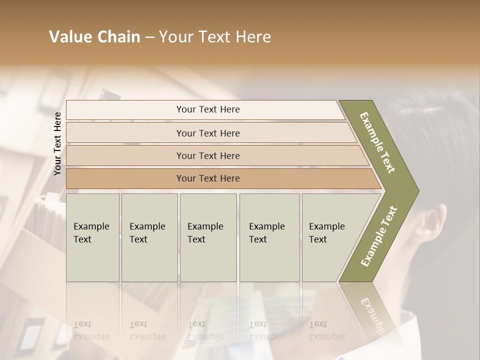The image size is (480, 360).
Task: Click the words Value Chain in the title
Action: click(x=94, y=37)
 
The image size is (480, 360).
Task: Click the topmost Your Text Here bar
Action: click(x=208, y=109)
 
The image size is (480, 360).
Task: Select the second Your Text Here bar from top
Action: click(x=208, y=133)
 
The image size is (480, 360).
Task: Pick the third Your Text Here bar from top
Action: click(x=208, y=155)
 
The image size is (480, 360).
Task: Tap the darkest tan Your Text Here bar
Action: click(x=208, y=178)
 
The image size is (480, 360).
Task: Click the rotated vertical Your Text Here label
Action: click(x=58, y=143)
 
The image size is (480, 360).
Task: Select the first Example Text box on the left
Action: click(x=92, y=237)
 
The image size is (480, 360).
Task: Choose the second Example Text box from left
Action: click(x=149, y=237)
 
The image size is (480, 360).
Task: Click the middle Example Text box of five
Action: click(x=208, y=237)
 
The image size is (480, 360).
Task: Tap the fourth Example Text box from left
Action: click(x=269, y=237)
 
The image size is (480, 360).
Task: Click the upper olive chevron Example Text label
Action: click(x=378, y=142)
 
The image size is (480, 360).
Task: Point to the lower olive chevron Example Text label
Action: click(x=379, y=236)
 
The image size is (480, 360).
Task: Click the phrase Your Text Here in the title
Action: click(x=215, y=37)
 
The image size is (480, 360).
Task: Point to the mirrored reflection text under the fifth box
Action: click(x=326, y=330)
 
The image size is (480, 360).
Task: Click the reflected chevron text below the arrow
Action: click(x=372, y=312)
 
